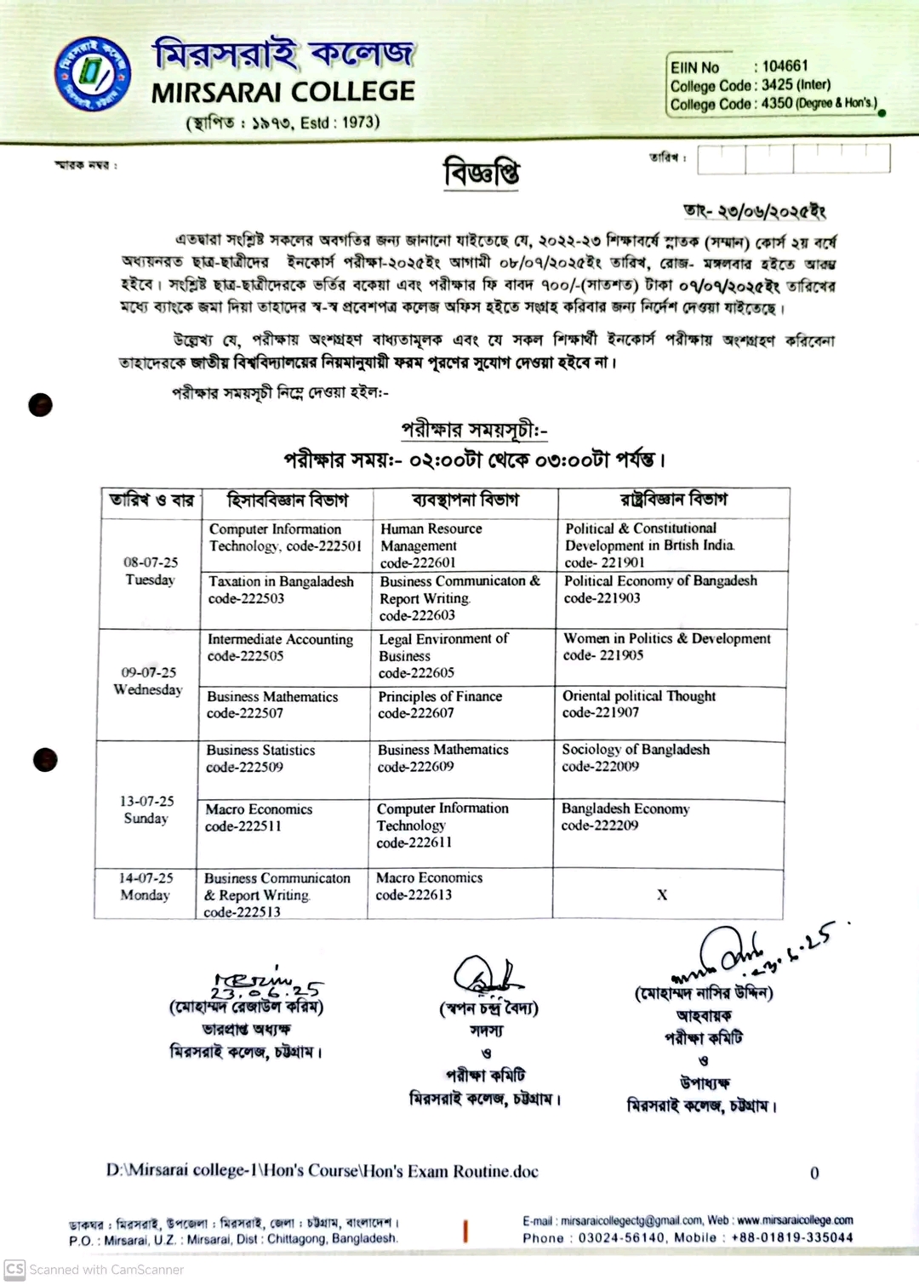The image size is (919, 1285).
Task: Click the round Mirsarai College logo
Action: (x=93, y=73)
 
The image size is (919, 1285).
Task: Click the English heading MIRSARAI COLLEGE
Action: (x=283, y=92)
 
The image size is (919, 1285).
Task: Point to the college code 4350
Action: (x=777, y=104)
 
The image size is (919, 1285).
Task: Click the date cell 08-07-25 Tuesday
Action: (x=151, y=571)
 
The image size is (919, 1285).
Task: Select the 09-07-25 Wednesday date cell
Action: (x=148, y=681)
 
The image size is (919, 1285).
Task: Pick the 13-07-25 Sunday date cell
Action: (x=146, y=809)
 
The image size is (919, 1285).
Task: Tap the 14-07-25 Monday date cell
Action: (x=146, y=886)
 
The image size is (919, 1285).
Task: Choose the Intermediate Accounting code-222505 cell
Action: (x=280, y=648)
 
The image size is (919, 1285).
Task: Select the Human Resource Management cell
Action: (x=431, y=545)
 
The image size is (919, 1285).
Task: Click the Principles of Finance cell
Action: (x=440, y=705)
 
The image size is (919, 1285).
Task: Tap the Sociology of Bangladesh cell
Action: (x=635, y=757)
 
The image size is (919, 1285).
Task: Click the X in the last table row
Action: (x=662, y=894)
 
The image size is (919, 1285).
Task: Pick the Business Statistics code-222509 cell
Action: (x=260, y=758)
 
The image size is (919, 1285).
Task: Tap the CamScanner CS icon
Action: (x=14, y=1269)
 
